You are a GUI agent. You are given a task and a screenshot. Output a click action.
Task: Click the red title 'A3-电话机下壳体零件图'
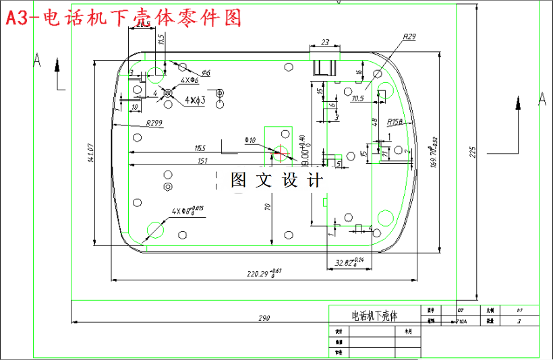click(x=123, y=18)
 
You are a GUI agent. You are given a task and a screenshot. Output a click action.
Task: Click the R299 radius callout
click(x=154, y=123)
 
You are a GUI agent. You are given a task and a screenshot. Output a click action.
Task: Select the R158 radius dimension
click(x=395, y=122)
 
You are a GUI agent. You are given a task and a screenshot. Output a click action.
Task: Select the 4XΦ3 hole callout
click(x=195, y=100)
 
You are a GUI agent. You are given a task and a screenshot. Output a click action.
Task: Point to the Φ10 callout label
click(x=250, y=141)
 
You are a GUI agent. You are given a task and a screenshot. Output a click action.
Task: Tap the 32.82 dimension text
click(x=349, y=262)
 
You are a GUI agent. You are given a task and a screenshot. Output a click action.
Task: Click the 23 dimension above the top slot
click(x=326, y=42)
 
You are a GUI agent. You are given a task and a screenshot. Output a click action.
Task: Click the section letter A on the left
click(x=38, y=61)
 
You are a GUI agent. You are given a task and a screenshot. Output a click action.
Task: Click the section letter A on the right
click(x=541, y=100)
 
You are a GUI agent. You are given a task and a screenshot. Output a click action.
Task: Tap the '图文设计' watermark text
click(x=277, y=180)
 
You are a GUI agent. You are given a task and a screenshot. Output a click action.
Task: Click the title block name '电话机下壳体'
click(x=375, y=316)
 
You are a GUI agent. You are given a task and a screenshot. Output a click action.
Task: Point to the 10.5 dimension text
click(x=358, y=98)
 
